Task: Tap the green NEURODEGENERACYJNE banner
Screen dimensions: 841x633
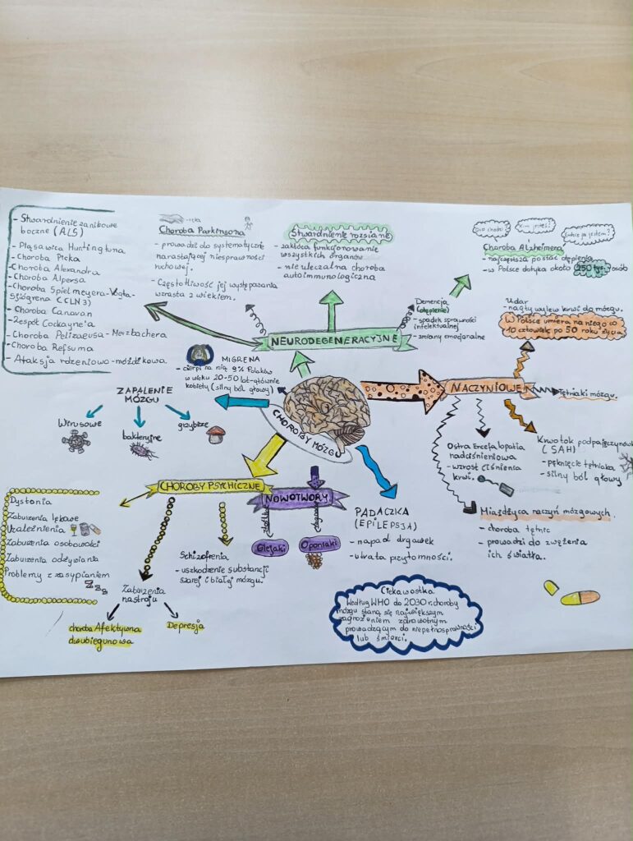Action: coord(333,338)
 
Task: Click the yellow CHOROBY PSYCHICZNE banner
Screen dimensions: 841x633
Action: coord(203,486)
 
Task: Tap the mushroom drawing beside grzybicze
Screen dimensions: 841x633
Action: coord(216,434)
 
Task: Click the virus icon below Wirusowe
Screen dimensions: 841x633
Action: coord(76,442)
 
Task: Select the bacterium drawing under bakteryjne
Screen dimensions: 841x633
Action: coord(140,450)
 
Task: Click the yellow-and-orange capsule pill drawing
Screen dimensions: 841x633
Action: coord(580,598)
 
